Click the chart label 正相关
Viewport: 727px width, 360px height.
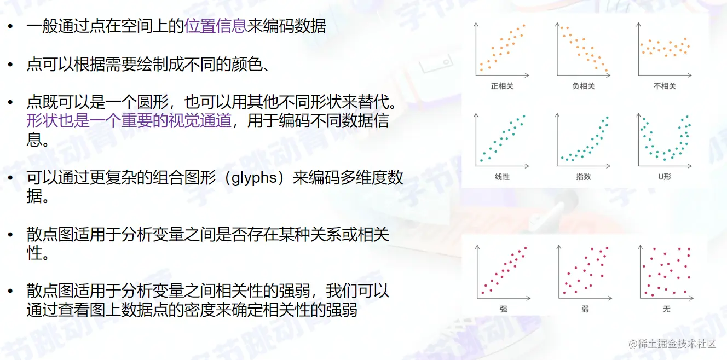pyautogui.click(x=502, y=86)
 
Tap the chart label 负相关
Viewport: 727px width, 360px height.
pyautogui.click(x=583, y=86)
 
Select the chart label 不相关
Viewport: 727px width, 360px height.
pyautogui.click(x=665, y=86)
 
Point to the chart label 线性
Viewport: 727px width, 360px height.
pyautogui.click(x=502, y=177)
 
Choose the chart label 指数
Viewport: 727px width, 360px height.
pyautogui.click(x=583, y=177)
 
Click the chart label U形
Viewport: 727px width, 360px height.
pyautogui.click(x=665, y=177)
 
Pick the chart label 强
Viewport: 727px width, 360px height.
pyautogui.click(x=504, y=309)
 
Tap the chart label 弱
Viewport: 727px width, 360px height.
pyautogui.click(x=585, y=309)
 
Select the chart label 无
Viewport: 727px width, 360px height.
pyautogui.click(x=666, y=309)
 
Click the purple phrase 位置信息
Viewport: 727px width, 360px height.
pyautogui.click(x=216, y=26)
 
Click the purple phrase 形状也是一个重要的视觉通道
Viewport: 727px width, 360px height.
pyautogui.click(x=129, y=121)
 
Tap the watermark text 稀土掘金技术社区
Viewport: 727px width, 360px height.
pyautogui.click(x=677, y=344)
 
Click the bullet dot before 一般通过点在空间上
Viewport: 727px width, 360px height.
pyautogui.click(x=10, y=26)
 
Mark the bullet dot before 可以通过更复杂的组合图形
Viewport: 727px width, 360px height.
pyautogui.click(x=10, y=178)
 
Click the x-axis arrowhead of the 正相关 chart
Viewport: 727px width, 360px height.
pyautogui.click(x=527, y=76)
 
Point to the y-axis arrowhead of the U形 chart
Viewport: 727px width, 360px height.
pyautogui.click(x=639, y=115)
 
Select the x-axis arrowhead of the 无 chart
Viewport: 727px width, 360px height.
pyautogui.click(x=691, y=298)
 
